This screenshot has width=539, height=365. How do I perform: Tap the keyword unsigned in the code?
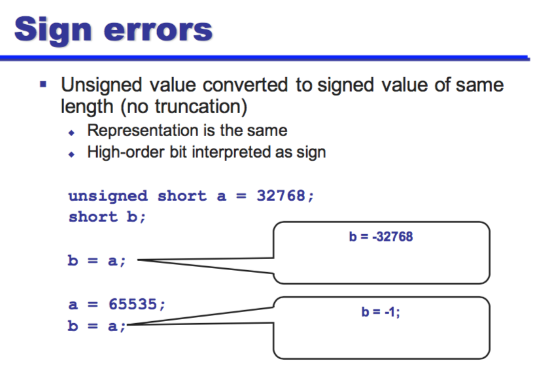109,196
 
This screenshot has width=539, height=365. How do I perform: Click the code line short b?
107,217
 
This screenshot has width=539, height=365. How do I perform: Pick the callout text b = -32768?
381,237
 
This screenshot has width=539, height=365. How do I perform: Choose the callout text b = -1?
381,312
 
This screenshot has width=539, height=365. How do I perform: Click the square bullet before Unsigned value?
44,84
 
